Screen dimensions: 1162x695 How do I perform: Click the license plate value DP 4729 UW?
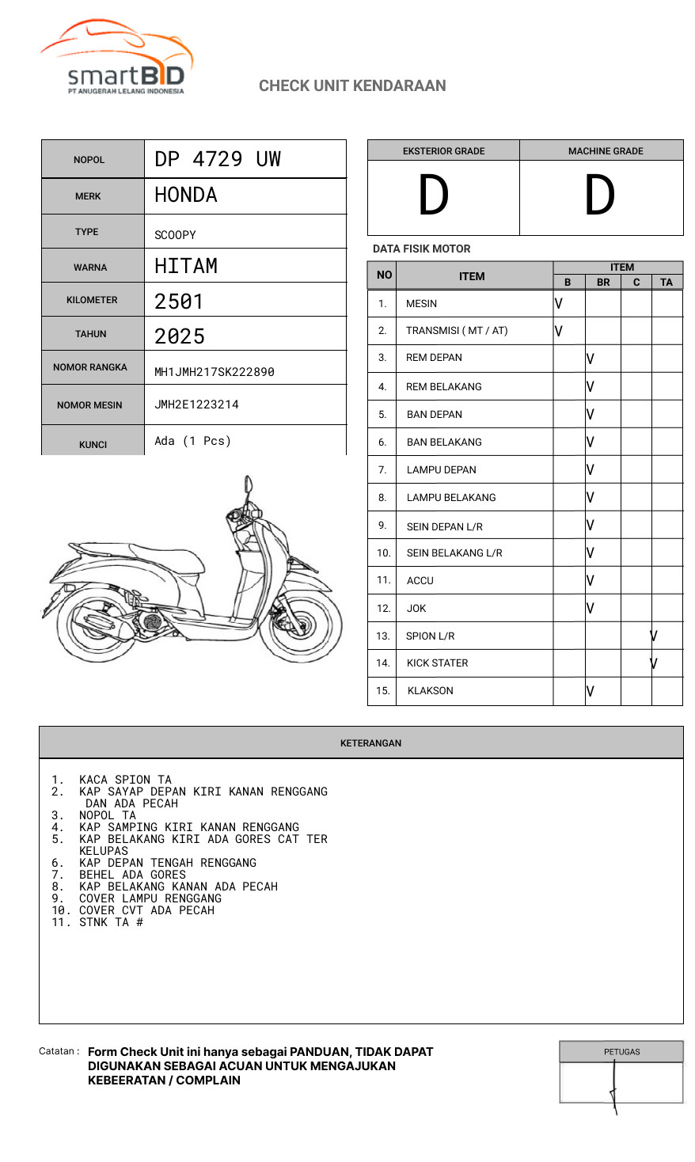218,159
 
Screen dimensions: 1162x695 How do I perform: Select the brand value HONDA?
186,195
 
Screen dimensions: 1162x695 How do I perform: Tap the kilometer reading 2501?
179,302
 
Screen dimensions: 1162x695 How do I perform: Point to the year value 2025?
180,336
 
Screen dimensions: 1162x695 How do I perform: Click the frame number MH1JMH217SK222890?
215,372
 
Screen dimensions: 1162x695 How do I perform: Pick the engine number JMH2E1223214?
196,404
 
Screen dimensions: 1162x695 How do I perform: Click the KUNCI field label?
93,445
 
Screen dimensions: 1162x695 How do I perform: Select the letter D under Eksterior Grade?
434,196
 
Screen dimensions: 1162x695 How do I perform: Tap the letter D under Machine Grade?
600,196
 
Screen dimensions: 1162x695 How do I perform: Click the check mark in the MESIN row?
559,303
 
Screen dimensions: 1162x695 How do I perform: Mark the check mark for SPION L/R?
654,636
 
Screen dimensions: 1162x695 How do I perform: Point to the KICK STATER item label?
437,663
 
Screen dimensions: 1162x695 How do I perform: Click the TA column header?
667,282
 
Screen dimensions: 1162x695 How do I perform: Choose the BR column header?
603,282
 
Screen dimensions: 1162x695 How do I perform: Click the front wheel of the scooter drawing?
313,626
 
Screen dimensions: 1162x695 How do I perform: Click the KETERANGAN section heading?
370,743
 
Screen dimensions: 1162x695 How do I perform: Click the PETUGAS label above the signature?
621,1052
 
